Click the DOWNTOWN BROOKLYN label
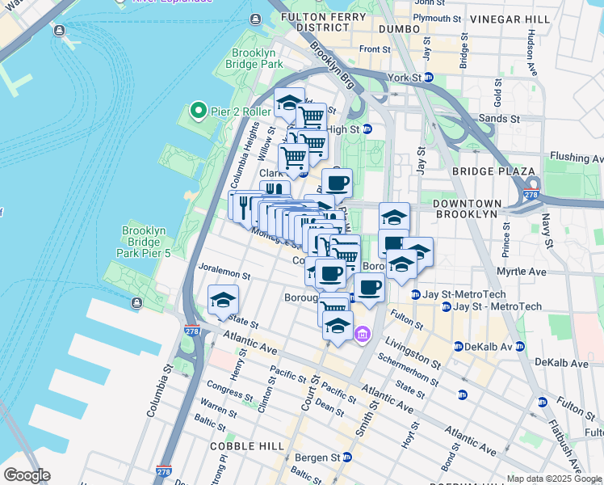click(x=473, y=208)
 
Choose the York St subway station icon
click(x=429, y=78)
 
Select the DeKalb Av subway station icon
click(x=458, y=346)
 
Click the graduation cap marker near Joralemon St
click(x=223, y=301)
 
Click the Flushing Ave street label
click(x=575, y=157)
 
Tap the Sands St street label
click(x=497, y=117)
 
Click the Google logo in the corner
click(x=27, y=475)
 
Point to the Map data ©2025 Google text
click(x=554, y=479)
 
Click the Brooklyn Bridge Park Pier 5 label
click(x=145, y=242)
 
